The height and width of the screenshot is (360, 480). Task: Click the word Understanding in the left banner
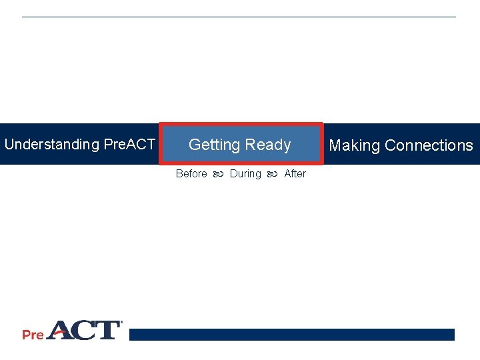(x=51, y=145)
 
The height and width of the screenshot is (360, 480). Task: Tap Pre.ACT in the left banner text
(x=129, y=145)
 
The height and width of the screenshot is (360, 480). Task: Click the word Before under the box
(x=191, y=173)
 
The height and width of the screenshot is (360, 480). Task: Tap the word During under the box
(x=245, y=173)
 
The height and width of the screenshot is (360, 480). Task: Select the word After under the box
(x=295, y=173)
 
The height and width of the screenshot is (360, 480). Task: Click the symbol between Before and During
(x=218, y=174)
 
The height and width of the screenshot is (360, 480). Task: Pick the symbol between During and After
(x=272, y=174)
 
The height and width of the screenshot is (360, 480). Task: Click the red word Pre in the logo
(x=33, y=334)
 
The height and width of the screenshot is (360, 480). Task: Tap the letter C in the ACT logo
(x=85, y=331)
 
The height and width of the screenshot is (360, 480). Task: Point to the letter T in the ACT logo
(x=107, y=331)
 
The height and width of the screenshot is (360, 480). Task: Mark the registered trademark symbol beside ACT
(x=121, y=323)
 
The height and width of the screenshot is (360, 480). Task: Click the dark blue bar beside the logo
(x=291, y=335)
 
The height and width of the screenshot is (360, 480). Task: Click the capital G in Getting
(x=195, y=145)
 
